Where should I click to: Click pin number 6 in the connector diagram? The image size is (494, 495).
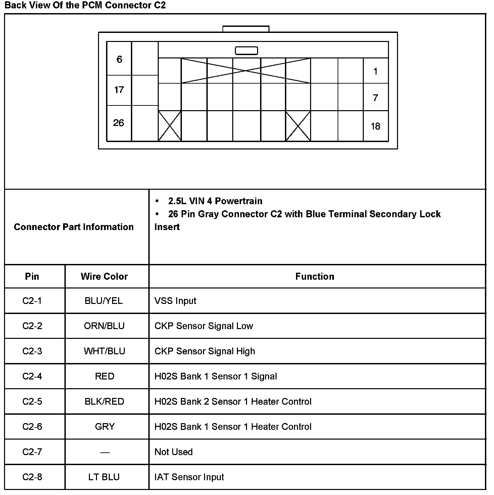[x=119, y=59]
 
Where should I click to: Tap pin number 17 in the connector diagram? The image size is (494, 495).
[x=119, y=90]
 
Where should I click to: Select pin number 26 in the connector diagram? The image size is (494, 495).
[x=119, y=123]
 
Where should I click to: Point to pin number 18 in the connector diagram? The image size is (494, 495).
[x=376, y=126]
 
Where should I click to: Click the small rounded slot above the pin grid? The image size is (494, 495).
[x=246, y=51]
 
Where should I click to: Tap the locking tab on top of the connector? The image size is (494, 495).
[x=246, y=29]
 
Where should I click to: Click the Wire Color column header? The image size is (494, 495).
[x=104, y=276]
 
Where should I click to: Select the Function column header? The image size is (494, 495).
[x=315, y=276]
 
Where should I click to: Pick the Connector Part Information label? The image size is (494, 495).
[x=74, y=227]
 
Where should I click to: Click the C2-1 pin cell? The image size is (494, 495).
[x=32, y=301]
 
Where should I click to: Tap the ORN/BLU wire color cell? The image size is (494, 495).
[x=104, y=326]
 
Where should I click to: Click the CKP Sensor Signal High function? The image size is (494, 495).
[x=205, y=351]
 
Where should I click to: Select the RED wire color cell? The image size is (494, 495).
[x=105, y=376]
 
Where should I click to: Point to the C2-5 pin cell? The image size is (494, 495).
[x=32, y=401]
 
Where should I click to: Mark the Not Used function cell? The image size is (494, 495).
[x=174, y=452]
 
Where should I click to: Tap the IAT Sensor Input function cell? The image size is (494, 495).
[x=189, y=477]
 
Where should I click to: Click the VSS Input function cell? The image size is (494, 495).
[x=176, y=301]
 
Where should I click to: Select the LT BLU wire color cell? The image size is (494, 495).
[x=104, y=477]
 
